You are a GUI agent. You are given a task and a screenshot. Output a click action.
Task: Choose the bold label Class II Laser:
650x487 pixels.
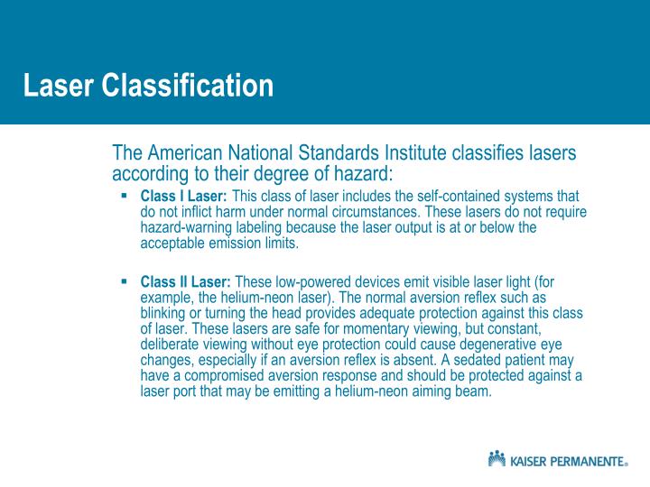pyautogui.click(x=185, y=282)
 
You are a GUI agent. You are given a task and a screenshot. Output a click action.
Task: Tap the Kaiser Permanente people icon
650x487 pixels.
pyautogui.click(x=497, y=460)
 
